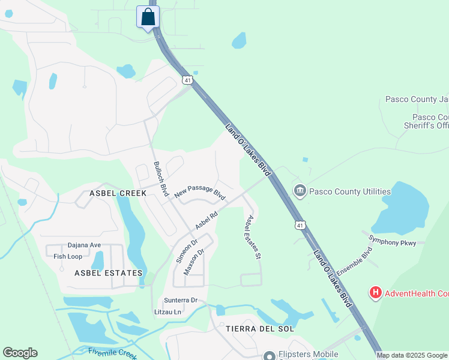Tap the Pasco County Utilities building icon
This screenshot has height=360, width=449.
pos(300,191)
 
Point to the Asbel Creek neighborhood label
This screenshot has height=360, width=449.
pos(118,193)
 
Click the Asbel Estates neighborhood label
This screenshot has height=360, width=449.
pos(109,273)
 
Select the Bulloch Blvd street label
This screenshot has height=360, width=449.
pos(160,179)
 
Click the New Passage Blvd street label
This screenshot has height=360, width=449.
pos(200,192)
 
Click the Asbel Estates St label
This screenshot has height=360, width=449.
pos(252,238)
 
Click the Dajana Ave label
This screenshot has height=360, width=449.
pos(84,245)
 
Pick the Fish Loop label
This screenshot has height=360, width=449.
pos(68,256)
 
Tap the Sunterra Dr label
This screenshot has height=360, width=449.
pos(181,300)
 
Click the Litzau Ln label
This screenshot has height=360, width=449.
pos(168,312)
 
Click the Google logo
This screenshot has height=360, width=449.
pos(20,353)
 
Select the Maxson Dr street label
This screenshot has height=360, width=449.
pos(194,261)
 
